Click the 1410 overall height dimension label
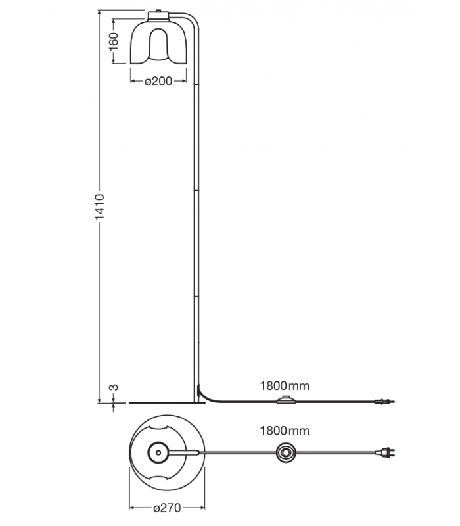click(100, 206)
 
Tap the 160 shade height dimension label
click(114, 41)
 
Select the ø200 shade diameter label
click(158, 81)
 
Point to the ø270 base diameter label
click(167, 508)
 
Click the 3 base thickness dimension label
click(114, 387)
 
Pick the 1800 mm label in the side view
click(285, 386)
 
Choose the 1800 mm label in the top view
click(285, 431)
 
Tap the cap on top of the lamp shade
click(158, 16)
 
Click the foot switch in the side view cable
click(286, 400)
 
